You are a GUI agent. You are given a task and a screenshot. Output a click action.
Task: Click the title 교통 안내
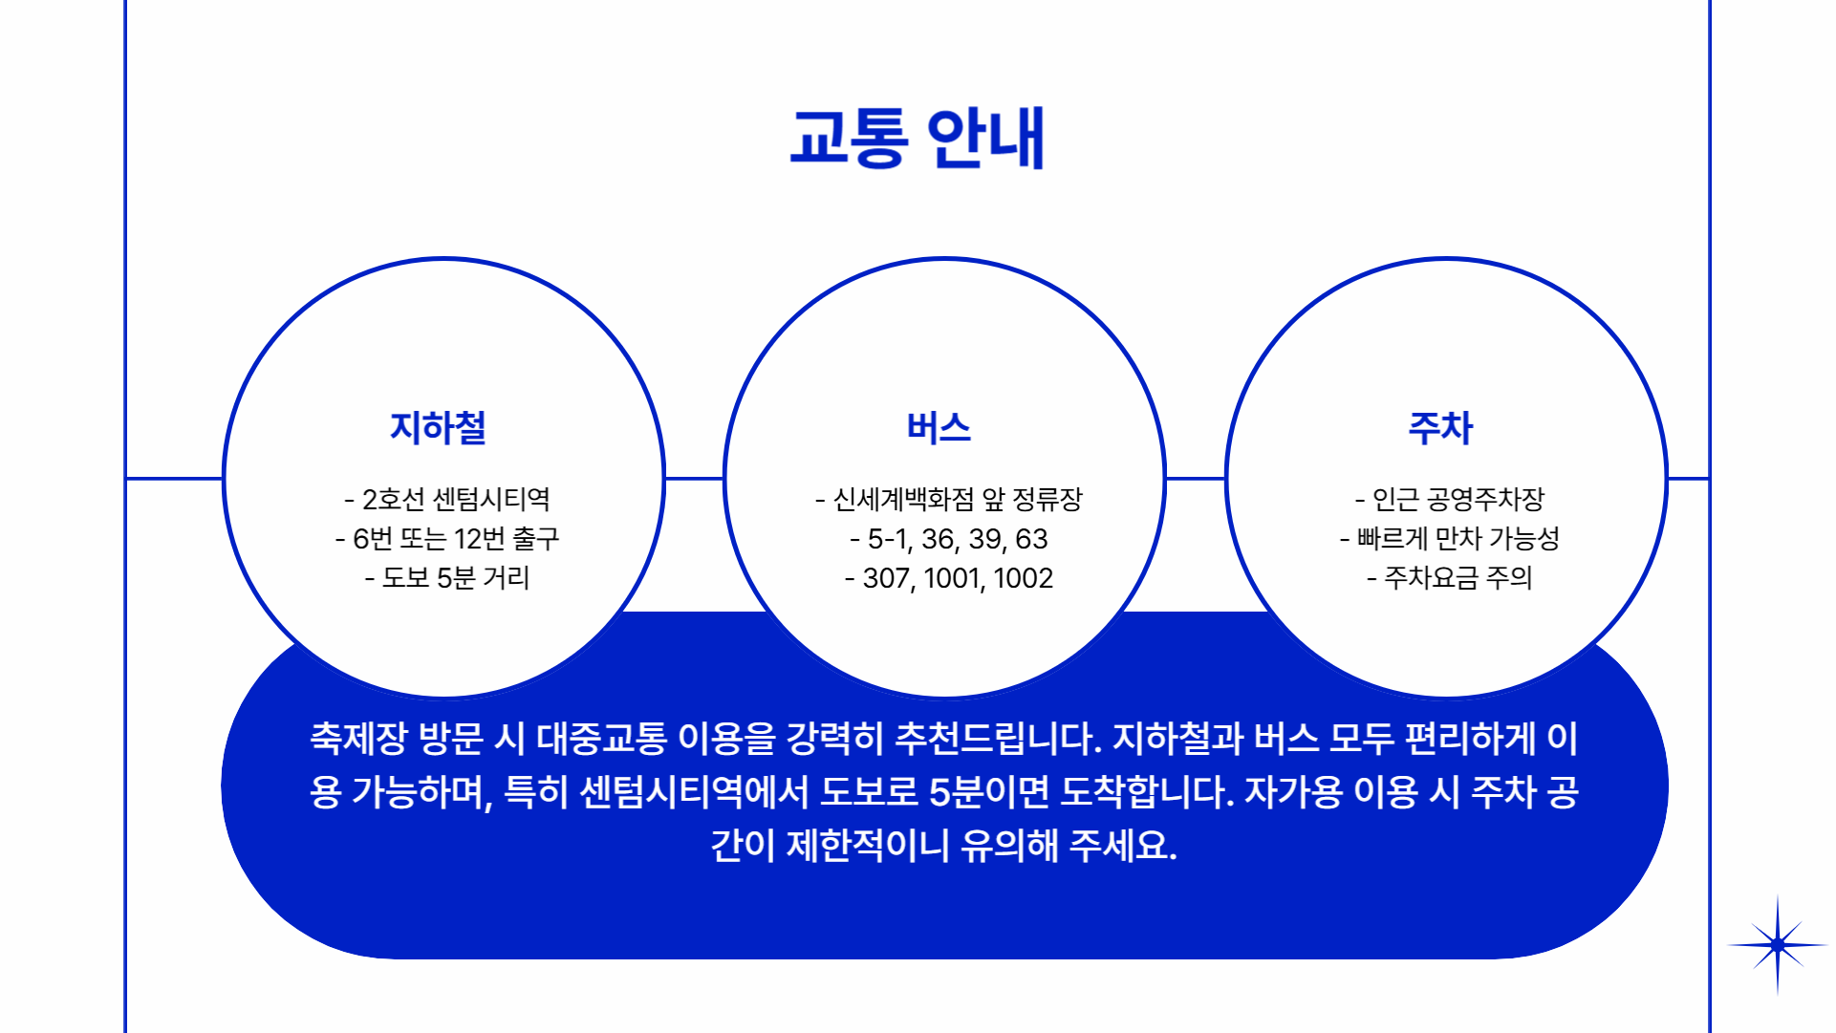(x=918, y=139)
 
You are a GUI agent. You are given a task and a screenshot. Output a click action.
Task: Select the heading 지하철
(x=439, y=427)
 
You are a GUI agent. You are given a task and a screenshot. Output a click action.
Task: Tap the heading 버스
(x=940, y=427)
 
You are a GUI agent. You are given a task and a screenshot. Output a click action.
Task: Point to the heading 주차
(x=1441, y=427)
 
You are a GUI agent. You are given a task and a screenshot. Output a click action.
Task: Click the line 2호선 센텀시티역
(x=447, y=499)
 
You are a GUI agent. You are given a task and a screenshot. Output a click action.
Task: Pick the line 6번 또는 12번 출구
(x=447, y=539)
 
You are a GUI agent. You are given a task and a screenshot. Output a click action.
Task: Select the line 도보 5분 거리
(x=447, y=578)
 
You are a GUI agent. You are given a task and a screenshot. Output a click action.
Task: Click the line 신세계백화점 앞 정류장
(x=949, y=499)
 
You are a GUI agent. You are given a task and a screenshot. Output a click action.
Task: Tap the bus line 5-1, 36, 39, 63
(x=949, y=539)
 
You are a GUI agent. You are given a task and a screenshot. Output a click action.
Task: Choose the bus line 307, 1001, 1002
(x=949, y=578)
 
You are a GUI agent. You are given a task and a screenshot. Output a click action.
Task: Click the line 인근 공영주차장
(x=1450, y=499)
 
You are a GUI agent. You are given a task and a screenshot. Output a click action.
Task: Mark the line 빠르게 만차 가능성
(x=1450, y=539)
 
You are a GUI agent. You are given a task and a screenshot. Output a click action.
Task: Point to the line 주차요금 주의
(x=1450, y=578)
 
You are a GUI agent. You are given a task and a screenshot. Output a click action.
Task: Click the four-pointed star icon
(x=1778, y=945)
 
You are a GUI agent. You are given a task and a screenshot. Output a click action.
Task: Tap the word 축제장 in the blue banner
(x=358, y=738)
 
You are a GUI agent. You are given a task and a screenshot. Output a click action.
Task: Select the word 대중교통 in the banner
(x=601, y=738)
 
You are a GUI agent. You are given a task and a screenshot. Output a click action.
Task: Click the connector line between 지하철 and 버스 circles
(x=694, y=478)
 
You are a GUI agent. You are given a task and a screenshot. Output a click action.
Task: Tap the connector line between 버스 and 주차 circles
(x=1196, y=478)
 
